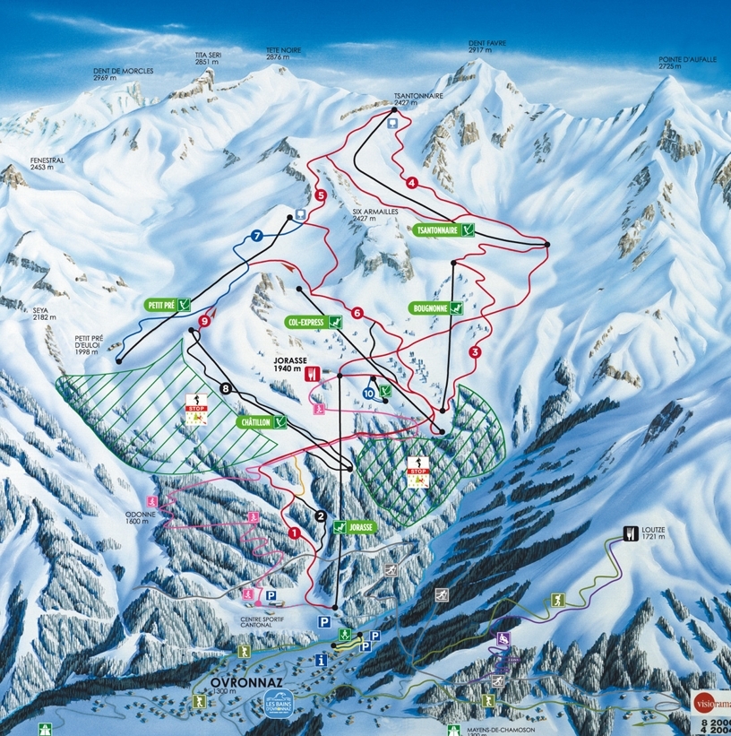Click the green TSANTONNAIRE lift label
(x=444, y=230)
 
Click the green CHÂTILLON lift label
(x=262, y=421)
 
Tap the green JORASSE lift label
(x=357, y=528)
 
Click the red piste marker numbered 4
(x=412, y=183)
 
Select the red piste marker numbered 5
(x=320, y=195)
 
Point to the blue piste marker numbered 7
(x=257, y=236)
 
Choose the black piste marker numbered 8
(x=226, y=388)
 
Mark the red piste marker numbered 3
(x=474, y=352)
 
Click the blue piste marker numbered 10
(x=369, y=393)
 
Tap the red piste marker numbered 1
(x=294, y=533)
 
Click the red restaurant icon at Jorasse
(x=313, y=373)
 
